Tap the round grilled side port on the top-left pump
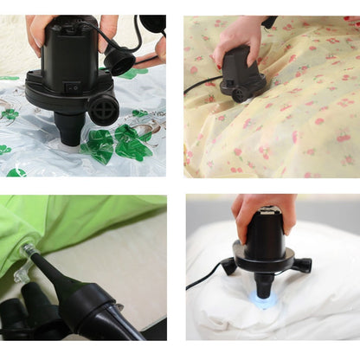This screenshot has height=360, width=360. pos(104,108)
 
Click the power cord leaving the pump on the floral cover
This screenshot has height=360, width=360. pos(202,84)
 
